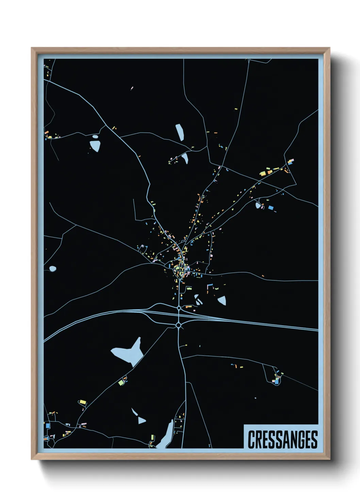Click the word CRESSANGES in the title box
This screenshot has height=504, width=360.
point(282,439)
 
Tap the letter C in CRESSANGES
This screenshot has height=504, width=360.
point(252,439)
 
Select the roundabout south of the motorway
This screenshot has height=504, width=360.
point(179,326)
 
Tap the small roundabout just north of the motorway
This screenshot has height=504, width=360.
point(179,308)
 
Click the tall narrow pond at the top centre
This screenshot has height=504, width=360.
point(180,132)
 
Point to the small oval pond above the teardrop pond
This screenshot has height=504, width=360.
point(95,137)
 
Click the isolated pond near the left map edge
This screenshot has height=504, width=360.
point(52,269)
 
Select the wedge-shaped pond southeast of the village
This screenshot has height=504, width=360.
point(222,300)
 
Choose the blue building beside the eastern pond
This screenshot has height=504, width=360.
point(271,207)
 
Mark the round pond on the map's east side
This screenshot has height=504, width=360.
point(258,205)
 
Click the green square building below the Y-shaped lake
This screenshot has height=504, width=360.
point(120,383)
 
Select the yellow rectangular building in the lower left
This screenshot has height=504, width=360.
point(82,402)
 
